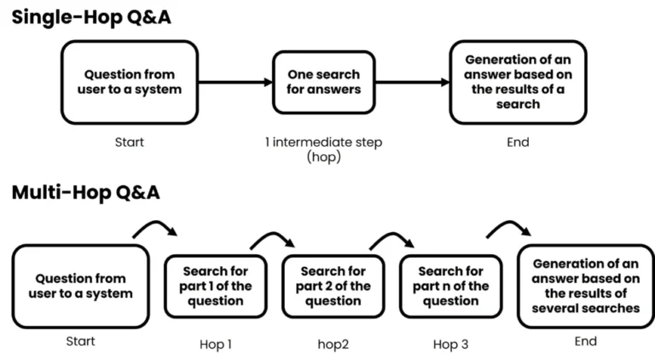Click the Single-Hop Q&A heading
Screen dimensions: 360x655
pos(91,16)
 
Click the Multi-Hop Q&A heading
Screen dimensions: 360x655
pos(85,193)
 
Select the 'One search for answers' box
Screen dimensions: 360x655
pos(323,81)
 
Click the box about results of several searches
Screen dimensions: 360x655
pos(585,286)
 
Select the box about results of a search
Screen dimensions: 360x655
pos(518,82)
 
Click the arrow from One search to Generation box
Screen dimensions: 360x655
pos(412,83)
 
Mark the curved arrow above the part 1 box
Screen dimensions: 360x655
pos(154,227)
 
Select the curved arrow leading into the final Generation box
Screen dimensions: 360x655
pos(508,226)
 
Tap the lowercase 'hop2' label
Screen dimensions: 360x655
pos(332,345)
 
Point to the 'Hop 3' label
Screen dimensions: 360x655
pos(449,345)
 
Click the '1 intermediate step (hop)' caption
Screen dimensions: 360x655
pos(323,149)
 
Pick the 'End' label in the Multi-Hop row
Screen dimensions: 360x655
pos(585,341)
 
